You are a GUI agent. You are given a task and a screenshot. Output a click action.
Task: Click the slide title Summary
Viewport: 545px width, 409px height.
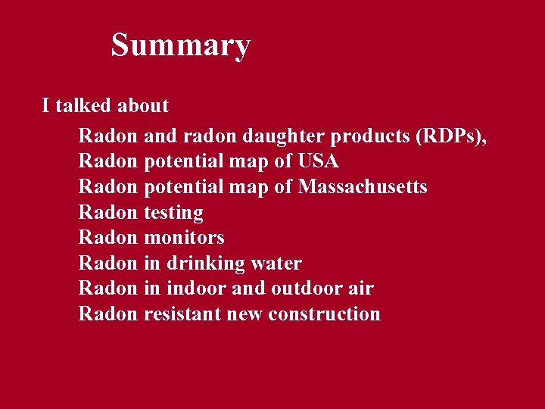(x=180, y=45)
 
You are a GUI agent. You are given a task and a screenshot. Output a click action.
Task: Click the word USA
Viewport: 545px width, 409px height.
(x=319, y=161)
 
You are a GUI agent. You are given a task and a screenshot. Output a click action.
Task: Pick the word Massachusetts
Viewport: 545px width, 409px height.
(x=363, y=187)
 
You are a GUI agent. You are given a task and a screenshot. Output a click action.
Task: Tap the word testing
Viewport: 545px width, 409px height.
(x=173, y=213)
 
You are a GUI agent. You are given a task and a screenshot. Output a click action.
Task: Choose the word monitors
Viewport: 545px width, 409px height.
(x=184, y=238)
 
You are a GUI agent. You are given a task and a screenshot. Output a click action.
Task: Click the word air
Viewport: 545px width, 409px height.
(x=362, y=289)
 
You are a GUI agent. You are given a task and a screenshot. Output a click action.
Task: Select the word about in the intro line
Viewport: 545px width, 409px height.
(x=143, y=106)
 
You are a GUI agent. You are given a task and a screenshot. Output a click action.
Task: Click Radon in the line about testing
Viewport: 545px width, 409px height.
(x=108, y=213)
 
